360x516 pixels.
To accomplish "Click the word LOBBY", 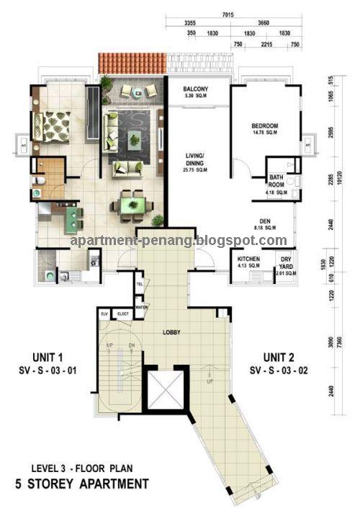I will tap(171, 332).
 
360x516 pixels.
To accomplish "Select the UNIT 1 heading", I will tap(49, 357).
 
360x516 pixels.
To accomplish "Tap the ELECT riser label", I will tap(122, 313).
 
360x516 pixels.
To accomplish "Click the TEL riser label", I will tap(140, 284).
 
